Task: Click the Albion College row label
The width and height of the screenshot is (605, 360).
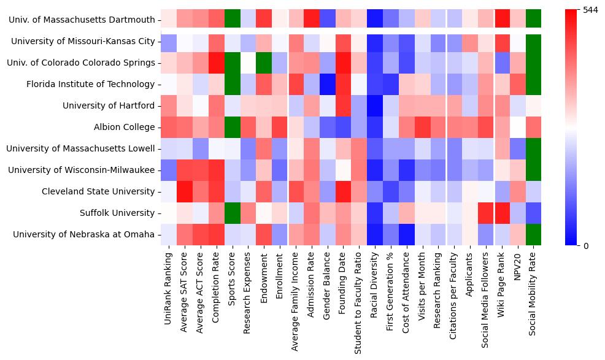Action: pos(124,127)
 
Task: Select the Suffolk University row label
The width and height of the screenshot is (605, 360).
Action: pos(117,213)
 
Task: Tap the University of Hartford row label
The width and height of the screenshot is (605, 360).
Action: pos(109,105)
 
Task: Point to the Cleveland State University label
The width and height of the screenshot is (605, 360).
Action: pos(98,191)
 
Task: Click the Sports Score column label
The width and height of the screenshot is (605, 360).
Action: pos(233,277)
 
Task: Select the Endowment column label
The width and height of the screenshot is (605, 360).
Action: pos(264,274)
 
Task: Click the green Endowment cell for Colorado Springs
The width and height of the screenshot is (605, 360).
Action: pos(264,63)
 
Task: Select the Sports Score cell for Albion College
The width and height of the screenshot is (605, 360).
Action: pos(233,127)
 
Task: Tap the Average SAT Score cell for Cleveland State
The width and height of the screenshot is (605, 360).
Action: pos(185,191)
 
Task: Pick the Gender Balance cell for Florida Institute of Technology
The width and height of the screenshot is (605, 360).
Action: pos(328,84)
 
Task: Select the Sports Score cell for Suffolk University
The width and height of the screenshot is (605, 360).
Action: pos(233,213)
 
